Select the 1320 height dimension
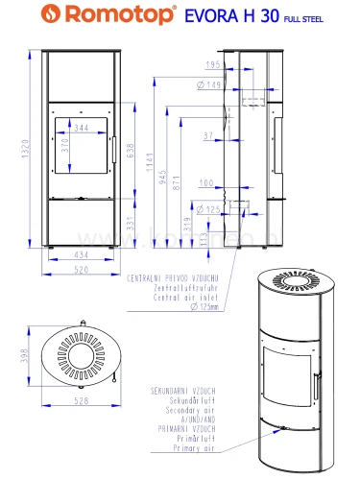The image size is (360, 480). (12, 149)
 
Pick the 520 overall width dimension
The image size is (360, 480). (81, 271)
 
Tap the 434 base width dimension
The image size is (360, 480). (81, 254)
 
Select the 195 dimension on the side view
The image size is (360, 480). (210, 64)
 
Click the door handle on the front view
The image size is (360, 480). (112, 150)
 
